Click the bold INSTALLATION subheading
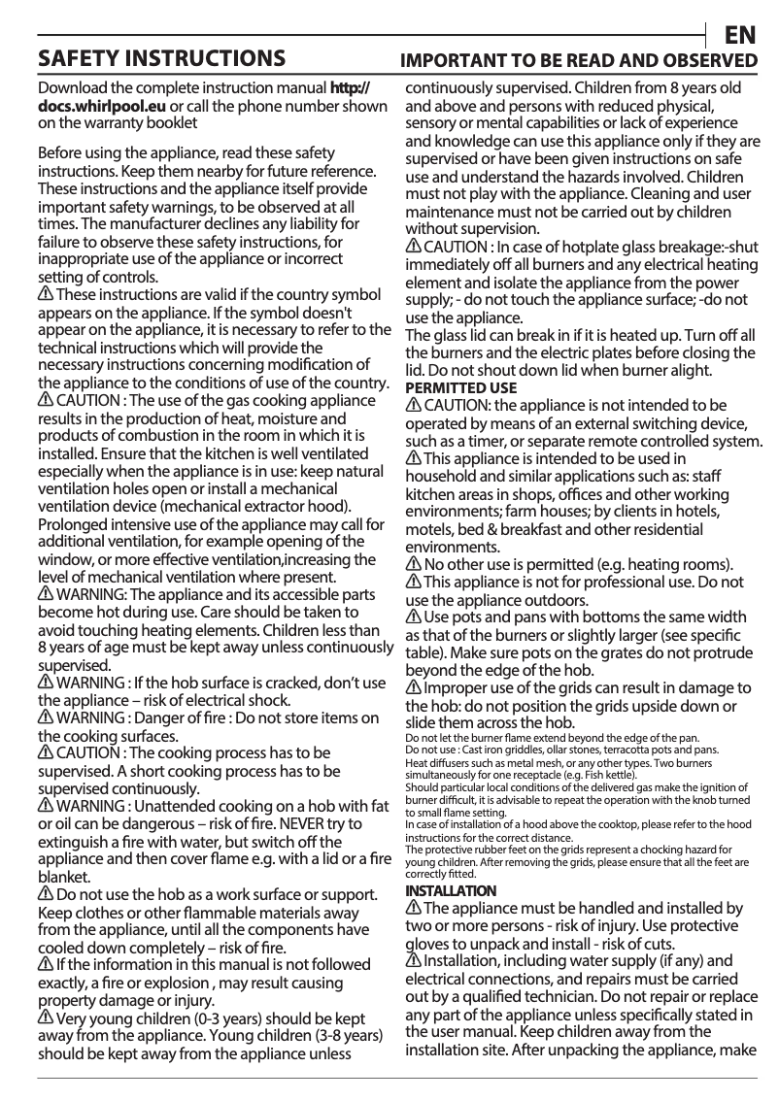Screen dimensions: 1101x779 (x=450, y=890)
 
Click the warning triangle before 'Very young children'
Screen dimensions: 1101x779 (x=46, y=1018)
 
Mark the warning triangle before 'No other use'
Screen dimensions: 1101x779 (x=414, y=564)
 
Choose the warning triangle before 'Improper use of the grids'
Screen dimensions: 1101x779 (x=414, y=687)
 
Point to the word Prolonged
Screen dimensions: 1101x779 (x=74, y=524)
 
